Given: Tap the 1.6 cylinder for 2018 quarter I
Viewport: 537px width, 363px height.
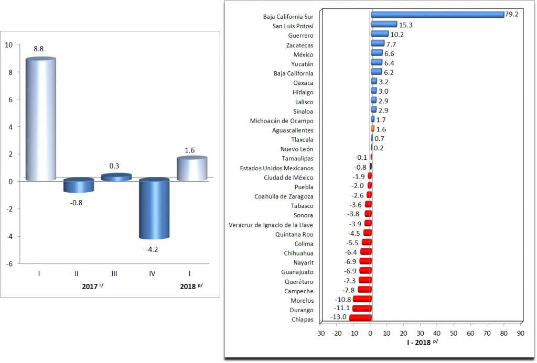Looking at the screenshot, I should click(191, 169).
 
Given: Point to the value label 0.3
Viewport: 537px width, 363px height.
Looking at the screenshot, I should click(114, 166).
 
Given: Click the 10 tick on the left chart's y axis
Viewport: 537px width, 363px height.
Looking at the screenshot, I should click(9, 45).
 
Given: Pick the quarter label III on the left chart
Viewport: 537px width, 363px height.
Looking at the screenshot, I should click(114, 273).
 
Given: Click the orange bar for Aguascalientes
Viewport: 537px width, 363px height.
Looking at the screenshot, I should click(372, 129).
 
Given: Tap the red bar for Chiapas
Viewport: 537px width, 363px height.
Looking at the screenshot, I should click(360, 318).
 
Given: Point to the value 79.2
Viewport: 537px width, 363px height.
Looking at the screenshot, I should click(511, 14).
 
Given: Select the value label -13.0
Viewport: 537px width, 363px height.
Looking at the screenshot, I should click(338, 317).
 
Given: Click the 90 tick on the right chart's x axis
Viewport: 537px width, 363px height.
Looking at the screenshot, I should click(520, 333).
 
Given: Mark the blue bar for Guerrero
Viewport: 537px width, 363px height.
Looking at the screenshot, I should click(379, 34).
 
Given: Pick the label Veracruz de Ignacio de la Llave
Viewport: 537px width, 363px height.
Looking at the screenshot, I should click(271, 225).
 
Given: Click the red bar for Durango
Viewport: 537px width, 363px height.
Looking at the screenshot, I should click(362, 309).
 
